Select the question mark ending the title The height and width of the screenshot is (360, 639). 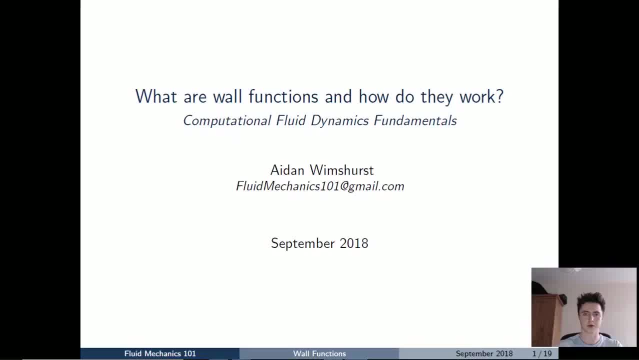click(499, 96)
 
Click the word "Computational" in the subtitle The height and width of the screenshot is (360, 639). click(227, 121)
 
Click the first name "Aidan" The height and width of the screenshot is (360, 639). click(287, 170)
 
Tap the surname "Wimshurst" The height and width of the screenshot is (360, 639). click(341, 170)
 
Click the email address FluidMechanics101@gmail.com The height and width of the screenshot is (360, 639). click(320, 186)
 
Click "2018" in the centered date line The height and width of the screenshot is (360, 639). click(354, 243)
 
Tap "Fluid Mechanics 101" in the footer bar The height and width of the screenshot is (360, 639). click(160, 353)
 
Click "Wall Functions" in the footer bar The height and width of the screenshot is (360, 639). click(319, 353)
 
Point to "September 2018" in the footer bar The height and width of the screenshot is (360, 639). click(484, 353)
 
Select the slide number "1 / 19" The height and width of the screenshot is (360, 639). click(542, 353)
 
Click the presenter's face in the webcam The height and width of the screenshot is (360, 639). click(589, 315)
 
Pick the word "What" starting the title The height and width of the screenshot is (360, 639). click(156, 96)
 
